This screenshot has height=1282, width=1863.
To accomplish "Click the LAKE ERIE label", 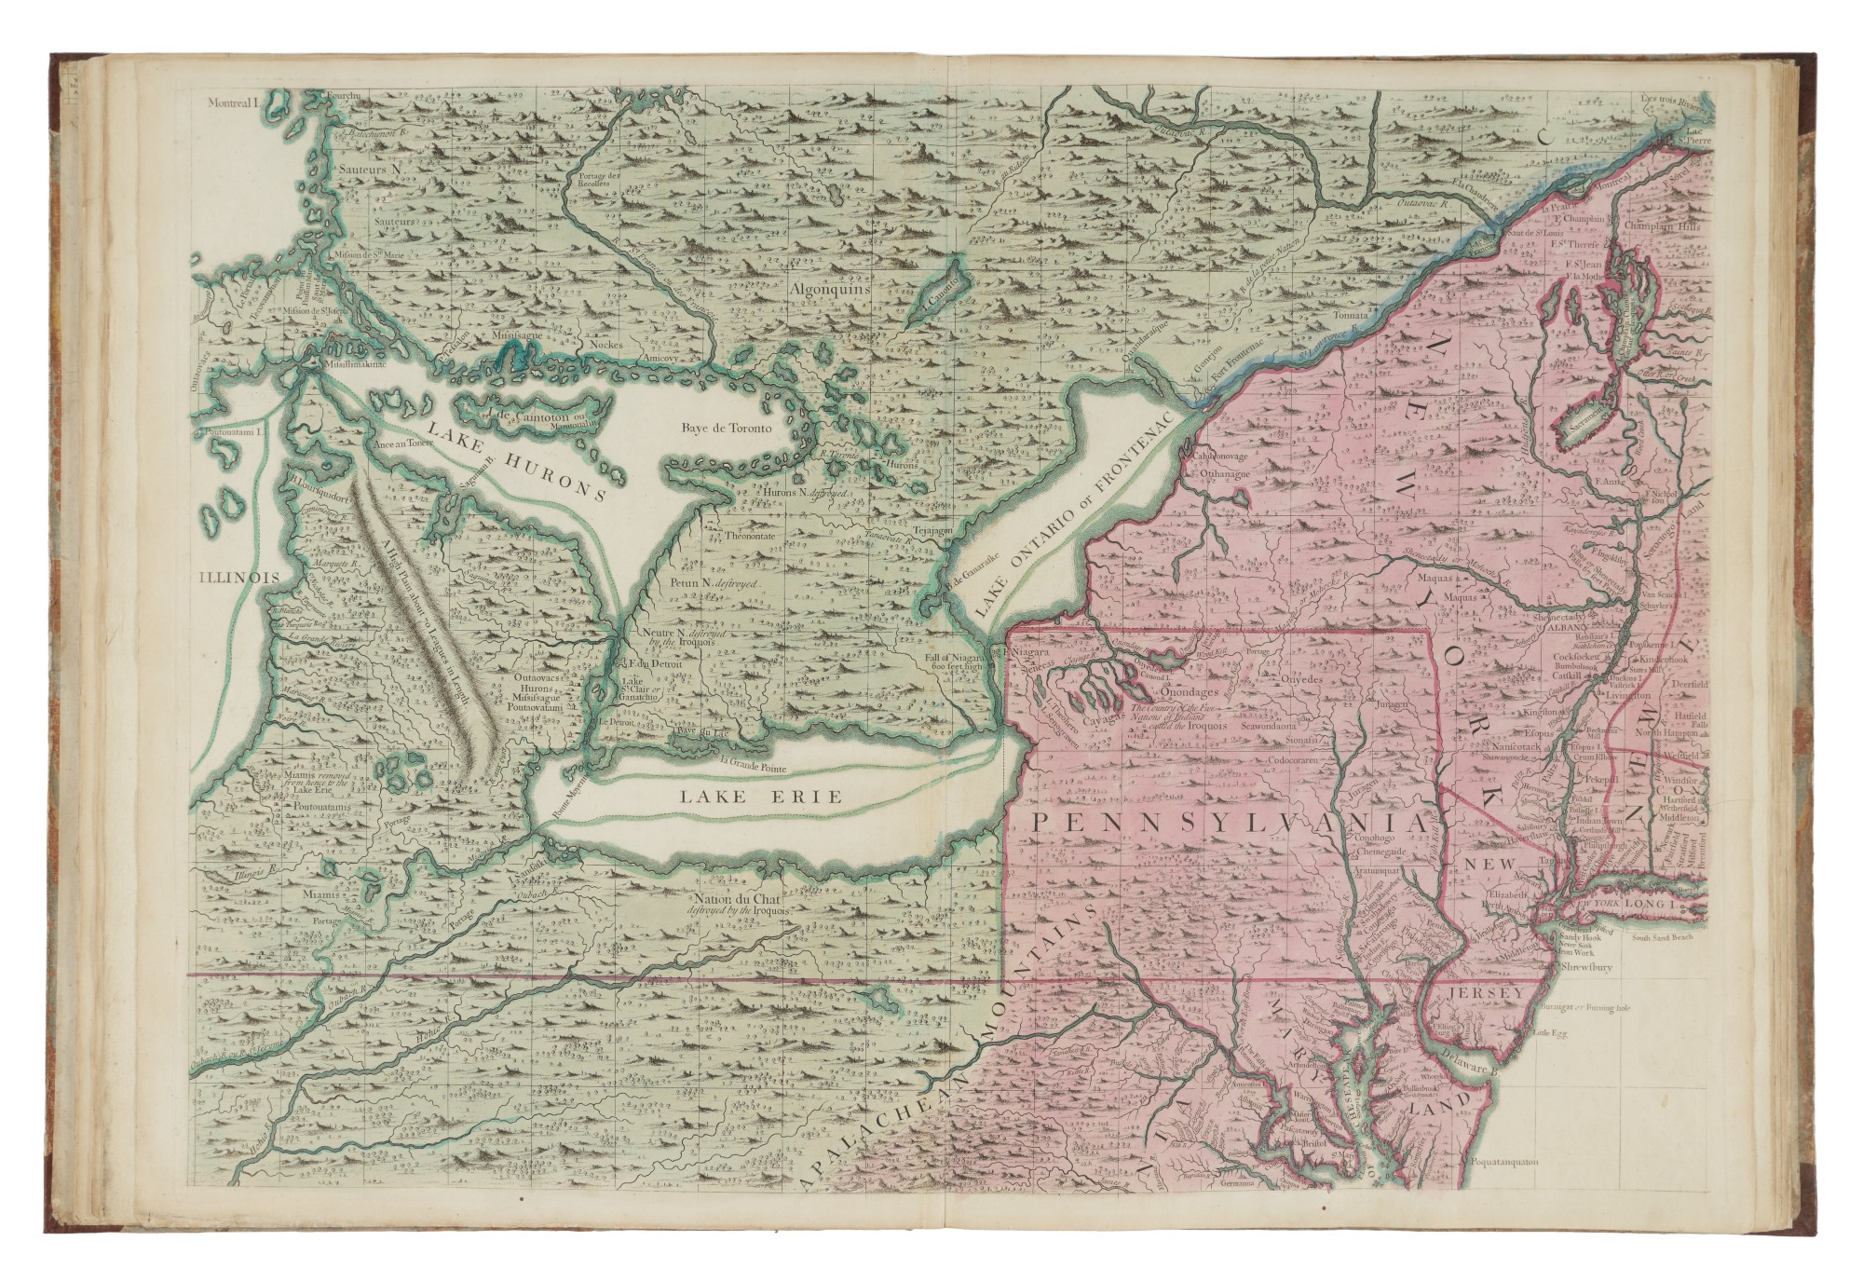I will [x=760, y=797].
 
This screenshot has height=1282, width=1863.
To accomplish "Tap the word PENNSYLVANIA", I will [x=1230, y=824].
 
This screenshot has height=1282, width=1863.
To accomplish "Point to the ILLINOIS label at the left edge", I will [x=239, y=578].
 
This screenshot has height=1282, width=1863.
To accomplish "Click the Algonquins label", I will [x=829, y=290].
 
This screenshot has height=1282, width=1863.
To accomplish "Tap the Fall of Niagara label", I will [x=955, y=661].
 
